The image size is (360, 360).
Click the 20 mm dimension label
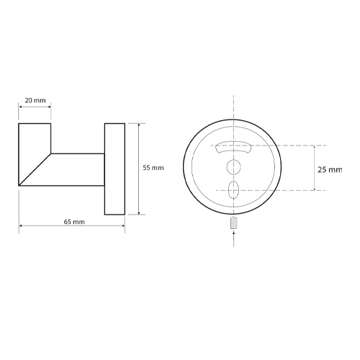(x=35, y=100)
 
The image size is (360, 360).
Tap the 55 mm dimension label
(x=153, y=168)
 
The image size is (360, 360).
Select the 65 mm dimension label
(x=74, y=222)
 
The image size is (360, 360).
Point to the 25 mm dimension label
(x=330, y=170)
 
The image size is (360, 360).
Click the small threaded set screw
(x=234, y=222)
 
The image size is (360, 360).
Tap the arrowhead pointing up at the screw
(x=234, y=232)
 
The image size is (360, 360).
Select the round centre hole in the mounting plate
(x=234, y=166)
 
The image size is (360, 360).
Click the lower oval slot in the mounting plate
(x=233, y=190)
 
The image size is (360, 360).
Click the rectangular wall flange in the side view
(x=114, y=169)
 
